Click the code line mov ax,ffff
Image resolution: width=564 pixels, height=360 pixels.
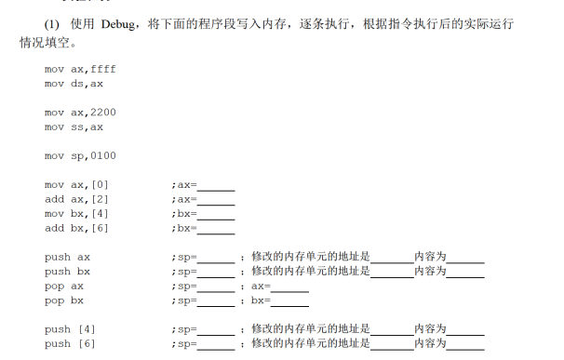(80, 69)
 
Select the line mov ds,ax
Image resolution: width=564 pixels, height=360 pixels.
(74, 83)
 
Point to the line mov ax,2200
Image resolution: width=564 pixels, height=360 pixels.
(80, 112)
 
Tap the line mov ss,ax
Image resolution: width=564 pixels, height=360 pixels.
(74, 127)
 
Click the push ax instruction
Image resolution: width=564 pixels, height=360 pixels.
(67, 256)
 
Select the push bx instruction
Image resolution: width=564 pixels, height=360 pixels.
(67, 271)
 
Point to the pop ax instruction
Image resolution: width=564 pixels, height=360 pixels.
(64, 286)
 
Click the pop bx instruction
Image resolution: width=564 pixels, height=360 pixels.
(64, 300)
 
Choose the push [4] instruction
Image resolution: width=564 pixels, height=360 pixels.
(70, 328)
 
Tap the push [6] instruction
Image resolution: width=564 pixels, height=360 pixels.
(70, 343)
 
